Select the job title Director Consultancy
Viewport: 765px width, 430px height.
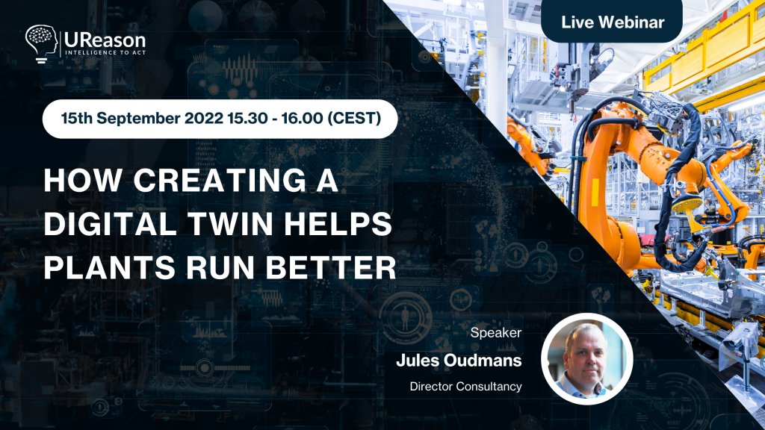click(x=465, y=387)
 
